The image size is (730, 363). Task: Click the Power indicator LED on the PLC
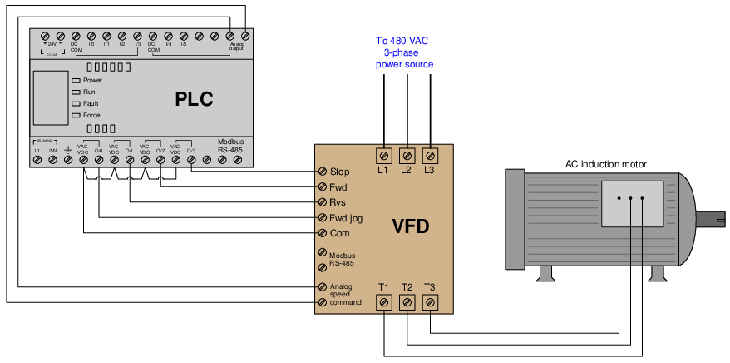pyautogui.click(x=76, y=80)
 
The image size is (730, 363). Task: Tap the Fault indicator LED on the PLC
pyautogui.click(x=76, y=103)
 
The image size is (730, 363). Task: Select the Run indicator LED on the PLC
pyautogui.click(x=76, y=92)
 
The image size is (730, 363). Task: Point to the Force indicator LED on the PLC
pyautogui.click(x=76, y=115)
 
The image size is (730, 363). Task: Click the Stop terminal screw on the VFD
pyautogui.click(x=321, y=172)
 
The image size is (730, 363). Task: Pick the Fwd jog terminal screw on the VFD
pyautogui.click(x=321, y=218)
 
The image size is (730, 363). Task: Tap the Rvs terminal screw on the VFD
pyautogui.click(x=321, y=202)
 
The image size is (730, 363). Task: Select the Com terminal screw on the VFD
pyautogui.click(x=321, y=234)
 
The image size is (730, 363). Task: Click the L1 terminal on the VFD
pyautogui.click(x=384, y=155)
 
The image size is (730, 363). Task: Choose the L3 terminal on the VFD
pyautogui.click(x=430, y=155)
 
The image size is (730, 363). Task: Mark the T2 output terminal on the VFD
pyautogui.click(x=407, y=303)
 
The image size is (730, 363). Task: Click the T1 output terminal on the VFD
pyautogui.click(x=384, y=303)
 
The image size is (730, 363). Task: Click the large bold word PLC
pyautogui.click(x=194, y=100)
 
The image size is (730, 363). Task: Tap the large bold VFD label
pyautogui.click(x=410, y=226)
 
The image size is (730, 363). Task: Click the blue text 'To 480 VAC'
pyautogui.click(x=402, y=39)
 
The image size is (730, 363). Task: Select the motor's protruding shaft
pyautogui.click(x=713, y=221)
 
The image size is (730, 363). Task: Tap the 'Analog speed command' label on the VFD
pyautogui.click(x=345, y=294)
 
